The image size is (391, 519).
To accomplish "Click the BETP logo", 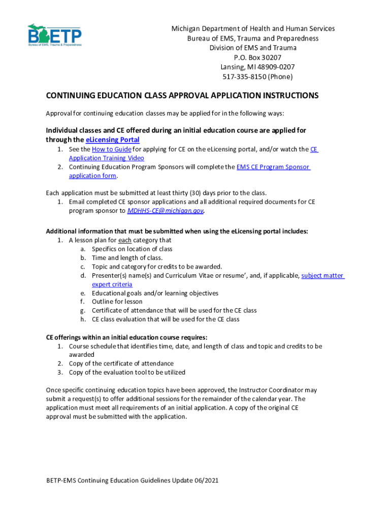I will (x=54, y=35).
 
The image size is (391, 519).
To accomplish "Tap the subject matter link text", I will (x=322, y=276).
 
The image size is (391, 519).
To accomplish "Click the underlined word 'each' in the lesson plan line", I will (x=125, y=240).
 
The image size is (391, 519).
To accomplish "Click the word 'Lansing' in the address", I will (x=232, y=67).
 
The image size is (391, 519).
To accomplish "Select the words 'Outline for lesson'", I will (x=117, y=302).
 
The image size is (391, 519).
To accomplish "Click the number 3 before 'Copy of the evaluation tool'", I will (x=59, y=373).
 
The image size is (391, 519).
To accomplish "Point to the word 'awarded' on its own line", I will (x=81, y=355).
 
